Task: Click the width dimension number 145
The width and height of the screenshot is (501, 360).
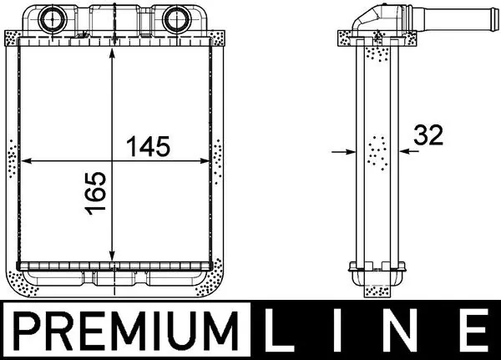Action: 147,146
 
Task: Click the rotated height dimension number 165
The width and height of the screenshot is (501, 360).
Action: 96,194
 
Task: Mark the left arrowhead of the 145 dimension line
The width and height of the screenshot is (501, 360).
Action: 24,160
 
